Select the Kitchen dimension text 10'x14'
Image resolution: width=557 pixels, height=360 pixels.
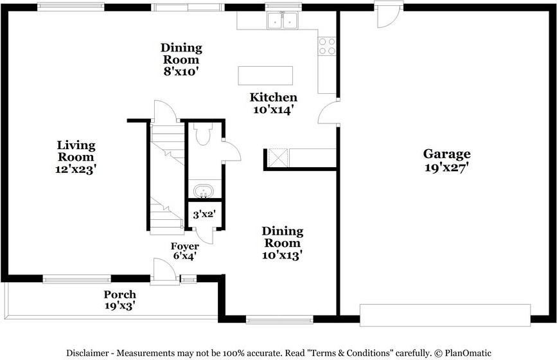(273, 110)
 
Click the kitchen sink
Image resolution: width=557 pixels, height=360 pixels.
(283, 20)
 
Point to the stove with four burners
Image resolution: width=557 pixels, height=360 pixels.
(327, 46)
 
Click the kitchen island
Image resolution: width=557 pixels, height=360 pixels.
(265, 76)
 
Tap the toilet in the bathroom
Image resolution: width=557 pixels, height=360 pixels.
(203, 134)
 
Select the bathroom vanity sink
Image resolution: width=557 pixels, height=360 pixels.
(203, 191)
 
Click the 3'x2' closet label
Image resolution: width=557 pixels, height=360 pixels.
(204, 214)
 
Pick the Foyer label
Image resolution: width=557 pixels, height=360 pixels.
(185, 246)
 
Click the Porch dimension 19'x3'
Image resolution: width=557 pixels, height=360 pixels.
(120, 305)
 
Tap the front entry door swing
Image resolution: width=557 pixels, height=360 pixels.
(164, 270)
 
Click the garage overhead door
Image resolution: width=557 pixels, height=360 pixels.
(445, 315)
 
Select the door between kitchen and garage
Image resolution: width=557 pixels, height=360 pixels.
(328, 112)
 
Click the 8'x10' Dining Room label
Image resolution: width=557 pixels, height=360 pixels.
(181, 59)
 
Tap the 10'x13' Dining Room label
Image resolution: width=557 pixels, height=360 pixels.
(283, 243)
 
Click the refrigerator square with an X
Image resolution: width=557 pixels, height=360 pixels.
(278, 157)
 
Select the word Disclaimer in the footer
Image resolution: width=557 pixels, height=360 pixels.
(87, 353)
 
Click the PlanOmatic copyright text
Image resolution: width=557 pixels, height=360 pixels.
(463, 353)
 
